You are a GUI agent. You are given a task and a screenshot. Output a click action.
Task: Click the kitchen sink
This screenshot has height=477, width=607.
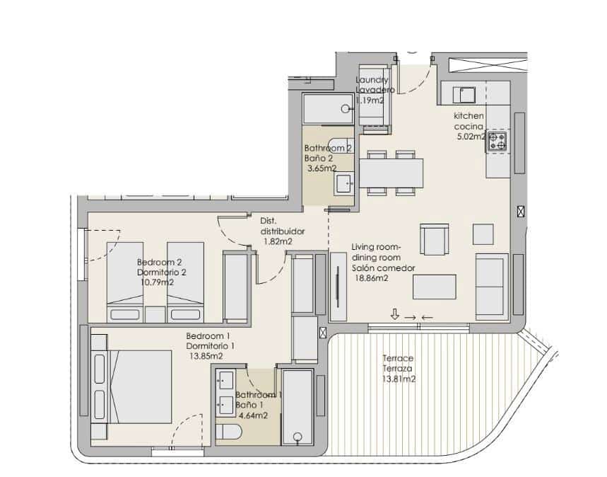466,93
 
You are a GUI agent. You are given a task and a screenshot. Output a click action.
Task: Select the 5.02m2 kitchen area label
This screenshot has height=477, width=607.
470,137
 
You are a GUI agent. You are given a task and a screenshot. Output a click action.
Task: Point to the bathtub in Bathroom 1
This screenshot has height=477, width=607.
297,406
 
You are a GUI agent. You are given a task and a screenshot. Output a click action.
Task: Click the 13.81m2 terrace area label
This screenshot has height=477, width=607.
399,379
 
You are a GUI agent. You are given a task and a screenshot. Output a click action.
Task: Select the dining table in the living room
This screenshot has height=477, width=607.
391,172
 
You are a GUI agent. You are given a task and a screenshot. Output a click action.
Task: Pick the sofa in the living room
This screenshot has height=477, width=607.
491,283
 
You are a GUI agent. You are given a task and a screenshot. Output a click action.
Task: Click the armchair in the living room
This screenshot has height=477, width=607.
434,239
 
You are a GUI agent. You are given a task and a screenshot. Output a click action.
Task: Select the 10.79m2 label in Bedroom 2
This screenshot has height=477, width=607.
155,282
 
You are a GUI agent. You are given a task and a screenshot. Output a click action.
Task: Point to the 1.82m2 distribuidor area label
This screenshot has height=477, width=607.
278,241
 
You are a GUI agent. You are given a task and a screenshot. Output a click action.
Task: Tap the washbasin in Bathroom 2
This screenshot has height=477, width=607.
345,183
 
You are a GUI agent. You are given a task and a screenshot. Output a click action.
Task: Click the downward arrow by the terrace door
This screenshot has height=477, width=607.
394,315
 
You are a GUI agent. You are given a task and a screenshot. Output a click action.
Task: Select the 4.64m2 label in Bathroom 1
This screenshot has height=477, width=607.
252,415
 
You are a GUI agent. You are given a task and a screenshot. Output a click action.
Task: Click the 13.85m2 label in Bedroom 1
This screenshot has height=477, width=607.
208,356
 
